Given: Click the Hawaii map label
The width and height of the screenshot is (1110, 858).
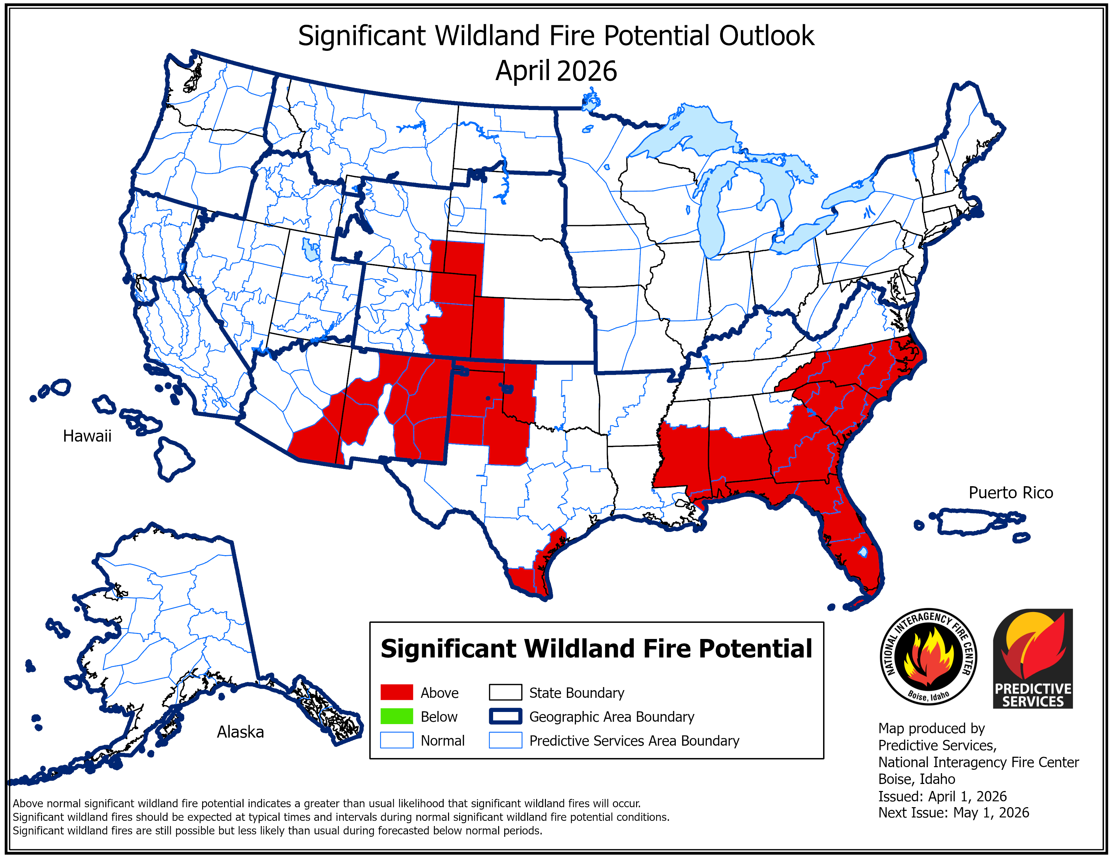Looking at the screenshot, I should point(87,436).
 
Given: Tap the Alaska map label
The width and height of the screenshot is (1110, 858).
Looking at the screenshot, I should point(240,732).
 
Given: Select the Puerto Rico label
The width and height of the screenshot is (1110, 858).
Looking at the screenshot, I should point(1010,493).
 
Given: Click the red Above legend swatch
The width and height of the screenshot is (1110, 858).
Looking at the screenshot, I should point(397,693).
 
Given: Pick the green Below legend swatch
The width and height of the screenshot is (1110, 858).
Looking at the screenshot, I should point(397,717).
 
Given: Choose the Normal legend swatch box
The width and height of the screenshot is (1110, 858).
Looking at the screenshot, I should point(397,741).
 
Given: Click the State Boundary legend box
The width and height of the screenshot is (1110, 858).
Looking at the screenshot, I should point(505,693).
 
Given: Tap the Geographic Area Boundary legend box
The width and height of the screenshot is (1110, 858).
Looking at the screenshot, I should point(505,717).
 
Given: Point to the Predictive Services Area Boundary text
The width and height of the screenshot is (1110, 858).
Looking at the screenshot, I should point(634,741).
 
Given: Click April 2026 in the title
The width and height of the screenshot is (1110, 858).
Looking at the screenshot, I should point(556,71).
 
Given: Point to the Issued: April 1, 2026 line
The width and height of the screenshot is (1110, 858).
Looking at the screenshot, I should point(942,796).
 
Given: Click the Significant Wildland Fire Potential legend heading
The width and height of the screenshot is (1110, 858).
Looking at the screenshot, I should point(596,649).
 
